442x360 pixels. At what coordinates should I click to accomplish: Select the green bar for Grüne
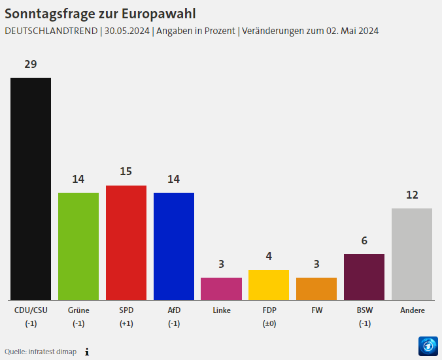tap(78, 246)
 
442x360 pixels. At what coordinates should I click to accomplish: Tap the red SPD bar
tap(126, 242)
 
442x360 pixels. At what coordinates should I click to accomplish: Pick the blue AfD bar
tap(174, 246)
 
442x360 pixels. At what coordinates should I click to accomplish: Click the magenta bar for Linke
tap(221, 288)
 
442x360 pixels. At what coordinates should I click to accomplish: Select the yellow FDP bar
tap(269, 284)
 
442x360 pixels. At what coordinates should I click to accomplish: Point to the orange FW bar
tap(316, 288)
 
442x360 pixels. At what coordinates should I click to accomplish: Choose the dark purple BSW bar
tap(364, 276)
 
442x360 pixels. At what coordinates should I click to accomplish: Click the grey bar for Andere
tap(412, 254)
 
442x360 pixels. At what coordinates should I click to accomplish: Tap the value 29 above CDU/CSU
tap(31, 64)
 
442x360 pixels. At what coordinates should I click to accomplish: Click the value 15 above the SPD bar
tap(126, 171)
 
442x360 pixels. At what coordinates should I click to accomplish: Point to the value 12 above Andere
tap(412, 195)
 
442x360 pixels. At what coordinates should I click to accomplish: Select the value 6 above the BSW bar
tap(364, 240)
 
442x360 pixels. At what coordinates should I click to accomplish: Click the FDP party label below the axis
tap(269, 310)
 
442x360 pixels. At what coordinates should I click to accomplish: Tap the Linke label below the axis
tap(221, 310)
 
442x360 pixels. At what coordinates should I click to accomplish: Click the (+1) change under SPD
tap(126, 323)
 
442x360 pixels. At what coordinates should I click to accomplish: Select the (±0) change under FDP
tap(269, 323)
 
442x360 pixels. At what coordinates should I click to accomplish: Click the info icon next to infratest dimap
tap(86, 352)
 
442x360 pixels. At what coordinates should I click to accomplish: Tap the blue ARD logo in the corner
tap(428, 346)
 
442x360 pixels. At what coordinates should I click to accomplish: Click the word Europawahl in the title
tap(155, 13)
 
